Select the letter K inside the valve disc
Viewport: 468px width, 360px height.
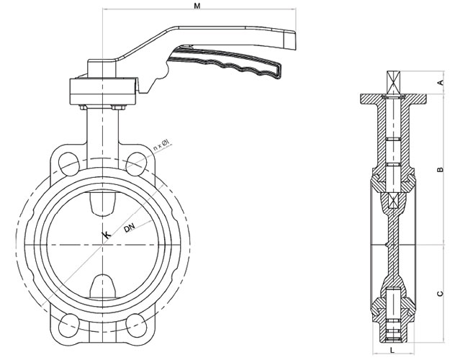click(x=107, y=235)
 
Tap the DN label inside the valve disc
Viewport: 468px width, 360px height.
click(x=130, y=228)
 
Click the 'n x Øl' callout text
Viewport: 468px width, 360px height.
click(x=161, y=148)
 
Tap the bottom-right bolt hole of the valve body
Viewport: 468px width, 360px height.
click(x=139, y=324)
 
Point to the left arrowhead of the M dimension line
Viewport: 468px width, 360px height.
click(x=104, y=10)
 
